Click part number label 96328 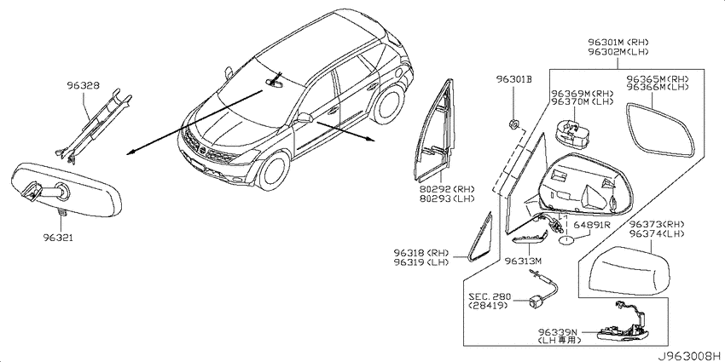84,85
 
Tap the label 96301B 514,79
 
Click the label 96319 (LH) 421,262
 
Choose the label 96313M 523,261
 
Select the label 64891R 592,226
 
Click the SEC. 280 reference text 487,297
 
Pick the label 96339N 557,332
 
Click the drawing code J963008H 690,356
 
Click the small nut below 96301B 513,124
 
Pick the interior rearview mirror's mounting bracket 31,192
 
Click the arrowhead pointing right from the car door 370,140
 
